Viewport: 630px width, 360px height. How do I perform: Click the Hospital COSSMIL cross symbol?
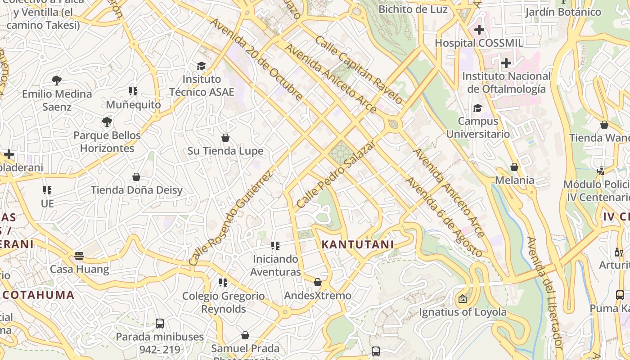[x=479, y=30]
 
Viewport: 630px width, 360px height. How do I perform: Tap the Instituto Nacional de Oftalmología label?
[x=506, y=82]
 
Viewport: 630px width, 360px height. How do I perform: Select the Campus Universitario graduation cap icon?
[x=477, y=108]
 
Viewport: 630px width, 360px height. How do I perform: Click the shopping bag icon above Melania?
[x=514, y=167]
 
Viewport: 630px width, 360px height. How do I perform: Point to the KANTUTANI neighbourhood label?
[x=358, y=244]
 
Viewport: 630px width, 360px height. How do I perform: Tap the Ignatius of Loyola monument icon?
[x=462, y=298]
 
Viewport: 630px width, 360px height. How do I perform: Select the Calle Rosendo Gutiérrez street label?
[x=230, y=217]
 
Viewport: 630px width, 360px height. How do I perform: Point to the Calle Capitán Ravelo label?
[x=358, y=70]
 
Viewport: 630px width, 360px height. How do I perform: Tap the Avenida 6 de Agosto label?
[x=443, y=217]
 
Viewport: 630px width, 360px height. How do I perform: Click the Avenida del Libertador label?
[x=545, y=292]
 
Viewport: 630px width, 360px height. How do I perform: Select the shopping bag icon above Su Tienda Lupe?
[x=225, y=138]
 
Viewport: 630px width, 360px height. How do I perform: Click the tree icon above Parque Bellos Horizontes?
[x=107, y=121]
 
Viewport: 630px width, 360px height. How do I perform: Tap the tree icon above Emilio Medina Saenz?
[x=57, y=81]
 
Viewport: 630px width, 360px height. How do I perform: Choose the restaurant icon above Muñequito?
[x=133, y=91]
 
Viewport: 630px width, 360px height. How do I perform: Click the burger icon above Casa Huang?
[x=79, y=256]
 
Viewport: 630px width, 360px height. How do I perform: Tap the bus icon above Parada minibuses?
[x=159, y=323]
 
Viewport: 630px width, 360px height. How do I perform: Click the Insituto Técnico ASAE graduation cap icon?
[x=201, y=66]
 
